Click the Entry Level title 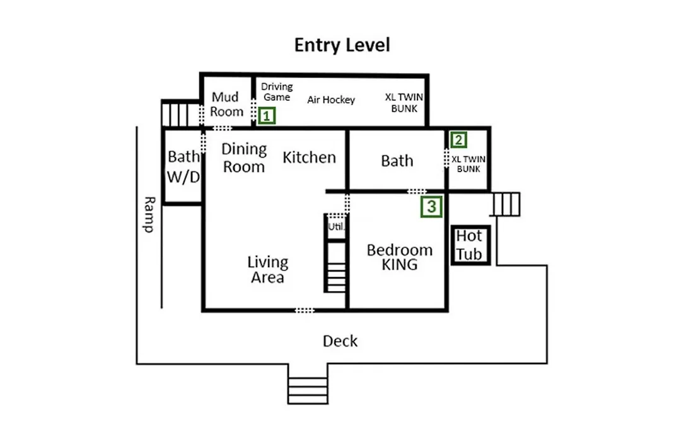(x=342, y=45)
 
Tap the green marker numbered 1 (x=267, y=116)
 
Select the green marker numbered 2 (x=458, y=140)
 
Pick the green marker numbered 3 (x=431, y=207)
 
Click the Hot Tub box (x=471, y=245)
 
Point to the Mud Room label (x=226, y=104)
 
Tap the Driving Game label (x=277, y=91)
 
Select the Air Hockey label (x=331, y=100)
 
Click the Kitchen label (x=309, y=157)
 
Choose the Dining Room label (x=243, y=158)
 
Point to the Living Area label (x=267, y=270)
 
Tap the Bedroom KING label (x=400, y=257)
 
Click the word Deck (x=340, y=341)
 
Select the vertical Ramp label (x=149, y=214)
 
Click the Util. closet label (x=335, y=227)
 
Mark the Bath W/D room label (x=183, y=167)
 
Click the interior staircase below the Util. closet (x=336, y=267)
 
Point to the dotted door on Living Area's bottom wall (x=305, y=310)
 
